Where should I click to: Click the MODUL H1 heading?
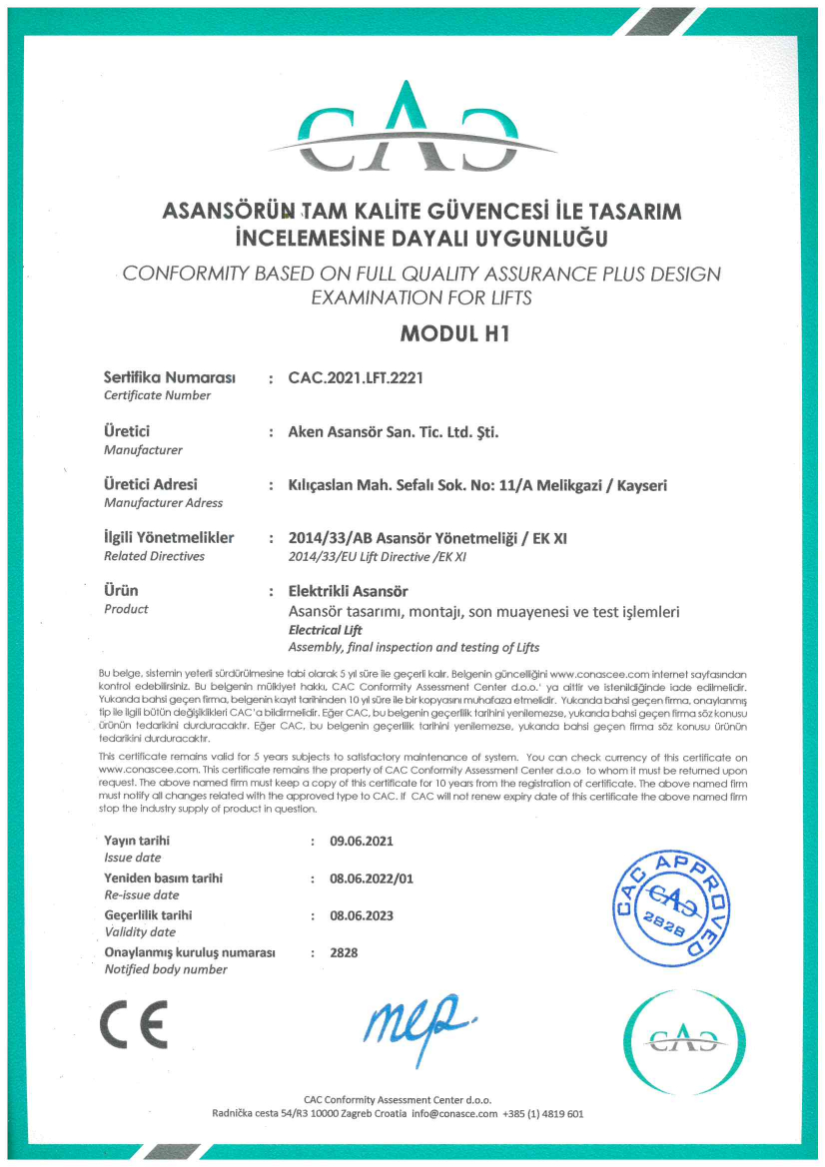454,334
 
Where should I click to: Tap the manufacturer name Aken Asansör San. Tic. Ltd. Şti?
393,432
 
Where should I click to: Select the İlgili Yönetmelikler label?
169,538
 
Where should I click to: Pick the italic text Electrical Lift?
326,630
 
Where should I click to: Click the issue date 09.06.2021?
362,842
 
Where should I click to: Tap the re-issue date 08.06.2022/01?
371,878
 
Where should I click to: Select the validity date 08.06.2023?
362,915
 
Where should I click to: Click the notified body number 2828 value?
344,952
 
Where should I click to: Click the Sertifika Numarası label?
169,378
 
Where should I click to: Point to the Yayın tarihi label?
137,841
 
